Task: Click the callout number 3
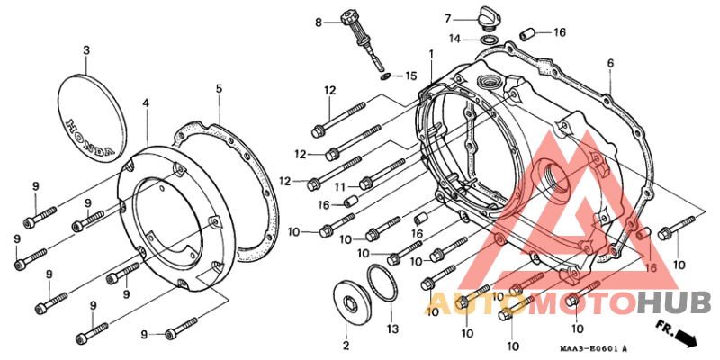(86, 51)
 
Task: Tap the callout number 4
(146, 103)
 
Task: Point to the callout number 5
(219, 88)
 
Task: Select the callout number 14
(454, 39)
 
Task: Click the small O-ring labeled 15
(386, 76)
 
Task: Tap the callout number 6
(610, 63)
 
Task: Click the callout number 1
(431, 54)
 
